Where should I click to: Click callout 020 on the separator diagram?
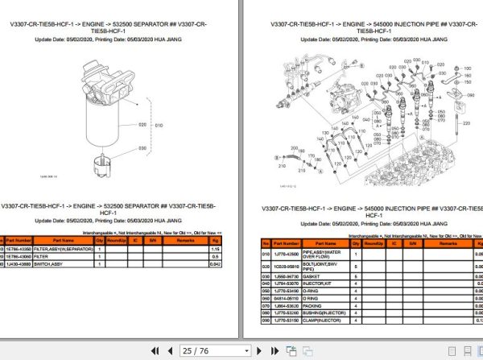coord(142,125)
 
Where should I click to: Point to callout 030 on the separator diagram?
coord(142,148)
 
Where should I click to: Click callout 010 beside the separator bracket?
coord(159,126)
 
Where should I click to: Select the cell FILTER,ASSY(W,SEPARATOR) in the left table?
coord(64,250)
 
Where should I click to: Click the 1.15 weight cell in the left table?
coord(214,250)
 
